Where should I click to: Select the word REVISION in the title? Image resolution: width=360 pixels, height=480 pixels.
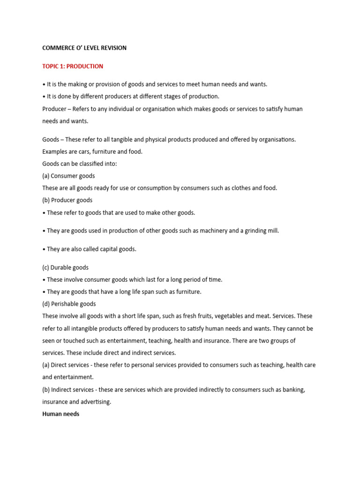pos(113,48)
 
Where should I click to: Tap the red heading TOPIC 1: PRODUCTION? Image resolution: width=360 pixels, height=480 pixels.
pos(73,66)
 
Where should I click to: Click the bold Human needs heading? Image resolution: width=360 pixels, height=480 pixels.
pos(61,414)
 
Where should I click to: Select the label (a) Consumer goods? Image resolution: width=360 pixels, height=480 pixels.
pos(68,176)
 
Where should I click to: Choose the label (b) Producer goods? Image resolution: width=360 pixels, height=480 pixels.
pos(67,200)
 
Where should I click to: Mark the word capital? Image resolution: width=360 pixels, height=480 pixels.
pos(105,249)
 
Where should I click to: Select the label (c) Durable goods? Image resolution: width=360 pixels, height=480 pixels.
pos(66,267)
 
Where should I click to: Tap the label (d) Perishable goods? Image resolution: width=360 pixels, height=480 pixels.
pos(69,304)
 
